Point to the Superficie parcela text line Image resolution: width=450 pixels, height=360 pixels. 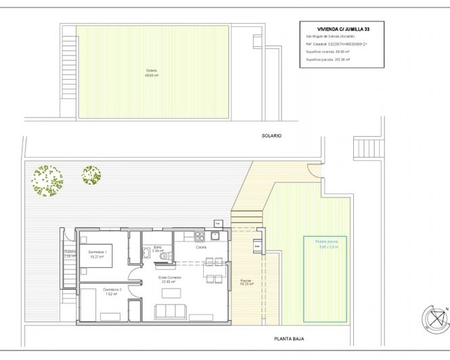point(328,60)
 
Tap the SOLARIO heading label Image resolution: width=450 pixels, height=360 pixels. point(271,136)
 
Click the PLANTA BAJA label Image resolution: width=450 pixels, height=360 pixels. point(286,340)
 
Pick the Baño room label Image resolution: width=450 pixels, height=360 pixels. point(157,248)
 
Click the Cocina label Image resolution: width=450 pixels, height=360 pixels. point(201,248)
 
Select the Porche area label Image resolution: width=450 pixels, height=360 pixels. point(246,282)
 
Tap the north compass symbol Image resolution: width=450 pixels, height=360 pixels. point(434,317)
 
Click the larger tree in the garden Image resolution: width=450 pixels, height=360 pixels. point(47,181)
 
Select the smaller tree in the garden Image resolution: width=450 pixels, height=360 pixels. point(91,175)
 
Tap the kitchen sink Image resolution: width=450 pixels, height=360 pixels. point(215,236)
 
